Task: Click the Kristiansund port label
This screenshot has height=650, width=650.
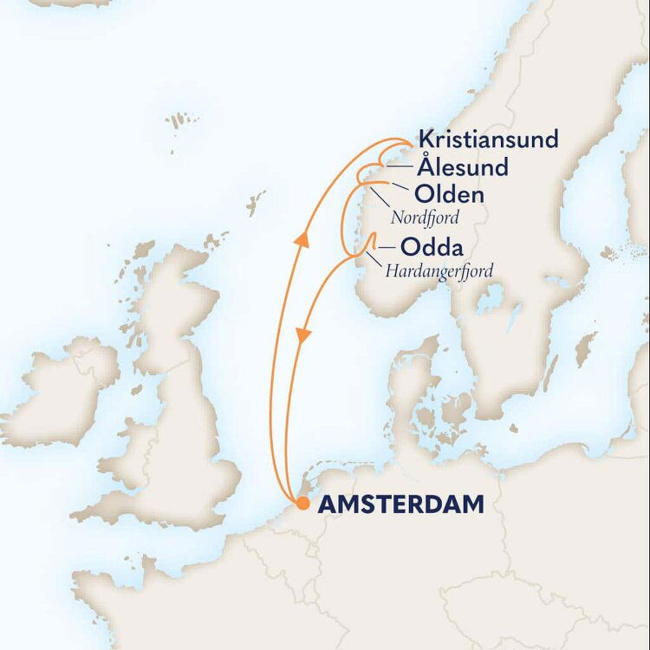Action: pyautogui.click(x=488, y=139)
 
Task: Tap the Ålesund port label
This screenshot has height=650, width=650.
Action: pyautogui.click(x=459, y=166)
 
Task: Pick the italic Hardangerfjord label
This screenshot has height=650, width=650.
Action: pyautogui.click(x=439, y=270)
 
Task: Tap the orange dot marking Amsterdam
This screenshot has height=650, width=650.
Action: pyautogui.click(x=302, y=504)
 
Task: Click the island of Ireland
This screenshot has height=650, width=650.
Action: pyautogui.click(x=65, y=390)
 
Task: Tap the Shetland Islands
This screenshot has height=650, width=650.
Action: pyautogui.click(x=255, y=203)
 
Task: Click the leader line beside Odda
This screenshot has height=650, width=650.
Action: pyautogui.click(x=383, y=246)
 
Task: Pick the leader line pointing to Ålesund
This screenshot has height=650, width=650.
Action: pyautogui.click(x=400, y=166)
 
